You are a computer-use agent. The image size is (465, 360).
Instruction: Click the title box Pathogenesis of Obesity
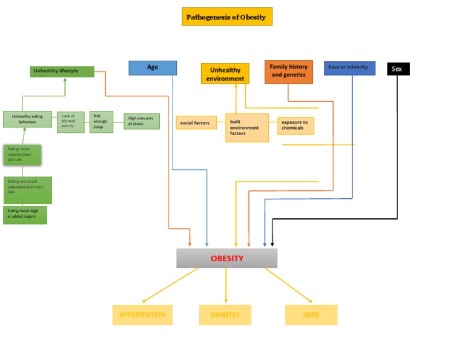(x=227, y=16)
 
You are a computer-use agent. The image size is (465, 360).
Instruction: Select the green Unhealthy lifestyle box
(x=62, y=72)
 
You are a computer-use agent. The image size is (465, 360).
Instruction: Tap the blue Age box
(x=153, y=67)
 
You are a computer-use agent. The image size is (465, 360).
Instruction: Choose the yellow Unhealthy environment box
(x=225, y=74)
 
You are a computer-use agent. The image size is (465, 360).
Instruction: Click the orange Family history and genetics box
(x=289, y=72)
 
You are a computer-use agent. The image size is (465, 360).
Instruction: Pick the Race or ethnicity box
(x=349, y=67)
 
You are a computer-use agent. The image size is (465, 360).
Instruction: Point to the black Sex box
(x=398, y=69)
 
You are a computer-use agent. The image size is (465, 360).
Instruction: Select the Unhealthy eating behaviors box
(x=27, y=119)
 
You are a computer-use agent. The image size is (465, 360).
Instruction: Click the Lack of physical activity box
(x=70, y=121)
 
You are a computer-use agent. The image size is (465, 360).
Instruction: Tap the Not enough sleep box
(x=101, y=121)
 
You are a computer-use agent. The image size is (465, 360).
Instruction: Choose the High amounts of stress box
(x=142, y=121)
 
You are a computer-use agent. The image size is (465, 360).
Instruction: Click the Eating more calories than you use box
(x=22, y=155)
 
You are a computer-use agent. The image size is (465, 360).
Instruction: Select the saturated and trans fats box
(x=27, y=190)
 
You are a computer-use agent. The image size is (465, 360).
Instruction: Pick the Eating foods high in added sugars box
(x=25, y=215)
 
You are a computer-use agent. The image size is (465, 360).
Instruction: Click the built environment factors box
(x=247, y=128)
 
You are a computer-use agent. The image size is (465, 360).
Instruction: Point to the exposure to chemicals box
(x=295, y=125)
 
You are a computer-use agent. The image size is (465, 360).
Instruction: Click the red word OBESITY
(x=227, y=258)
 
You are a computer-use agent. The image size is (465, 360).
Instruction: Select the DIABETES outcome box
(x=225, y=315)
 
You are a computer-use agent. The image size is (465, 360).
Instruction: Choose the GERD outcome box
(x=311, y=315)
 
